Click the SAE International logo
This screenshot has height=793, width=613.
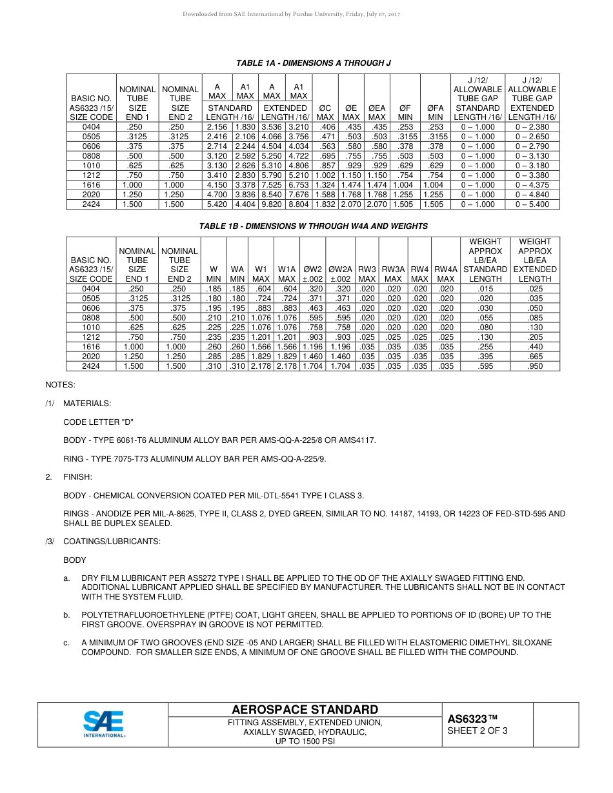tap(104, 724)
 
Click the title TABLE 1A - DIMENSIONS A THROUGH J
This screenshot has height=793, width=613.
tap(314, 63)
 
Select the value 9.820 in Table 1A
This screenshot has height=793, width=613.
tap(272, 204)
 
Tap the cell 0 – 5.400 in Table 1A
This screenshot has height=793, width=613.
tap(532, 204)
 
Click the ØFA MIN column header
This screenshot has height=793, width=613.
tap(436, 112)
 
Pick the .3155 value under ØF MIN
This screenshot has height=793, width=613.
tap(405, 137)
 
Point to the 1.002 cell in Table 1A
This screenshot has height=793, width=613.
tap(325, 175)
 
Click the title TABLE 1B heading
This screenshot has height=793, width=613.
tap(314, 226)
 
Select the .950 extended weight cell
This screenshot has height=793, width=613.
tap(535, 366)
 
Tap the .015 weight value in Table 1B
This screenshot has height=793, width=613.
tap(485, 289)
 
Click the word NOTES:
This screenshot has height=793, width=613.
tap(60, 385)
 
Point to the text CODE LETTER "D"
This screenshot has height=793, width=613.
tap(98, 422)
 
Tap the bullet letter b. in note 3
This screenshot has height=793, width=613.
tap(66, 615)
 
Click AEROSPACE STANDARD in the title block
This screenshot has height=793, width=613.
tap(305, 710)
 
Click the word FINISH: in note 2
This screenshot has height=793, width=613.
tap(77, 477)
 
